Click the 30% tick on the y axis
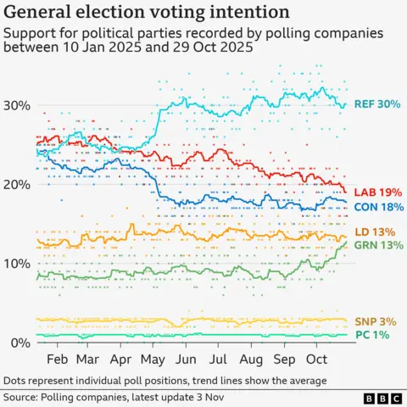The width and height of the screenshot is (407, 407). [17, 105]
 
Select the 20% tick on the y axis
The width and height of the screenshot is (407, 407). [17, 184]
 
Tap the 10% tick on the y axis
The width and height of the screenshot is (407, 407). [17, 263]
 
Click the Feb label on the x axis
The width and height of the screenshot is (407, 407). [58, 359]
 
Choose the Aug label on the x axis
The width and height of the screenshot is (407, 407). [250, 359]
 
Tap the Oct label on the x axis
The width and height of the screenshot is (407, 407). [315, 359]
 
